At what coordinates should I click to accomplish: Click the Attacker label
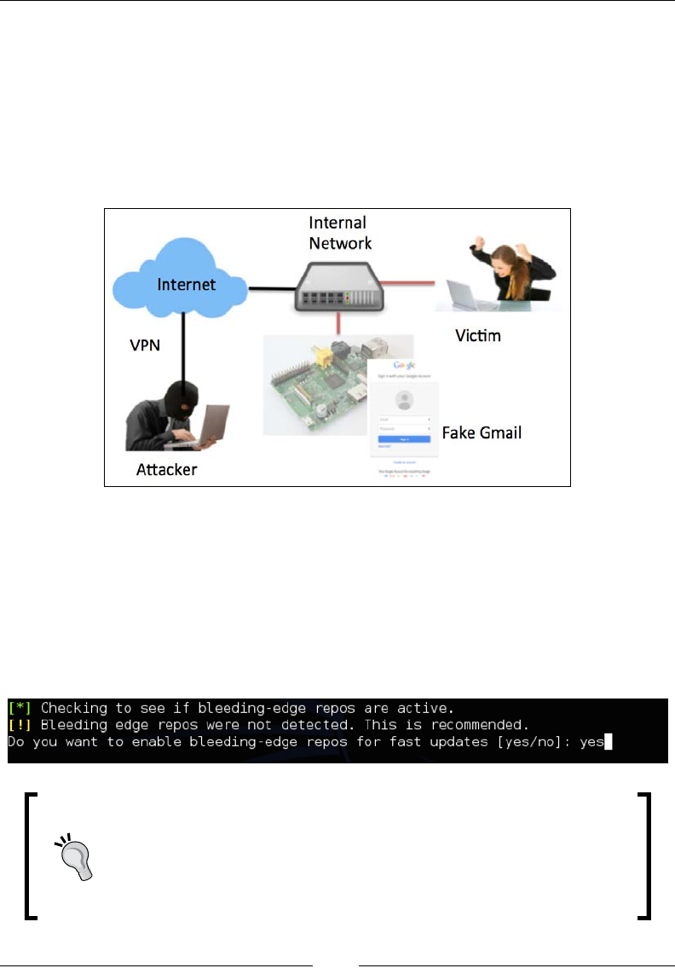pos(167,469)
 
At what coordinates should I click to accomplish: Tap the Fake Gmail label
pos(482,432)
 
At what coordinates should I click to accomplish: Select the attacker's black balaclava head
pos(181,395)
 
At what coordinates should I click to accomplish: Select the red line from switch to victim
pos(409,279)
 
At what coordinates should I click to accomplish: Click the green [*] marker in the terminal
pos(20,708)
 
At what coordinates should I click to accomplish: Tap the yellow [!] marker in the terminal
pos(20,725)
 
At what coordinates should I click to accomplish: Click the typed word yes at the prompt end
pos(590,742)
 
